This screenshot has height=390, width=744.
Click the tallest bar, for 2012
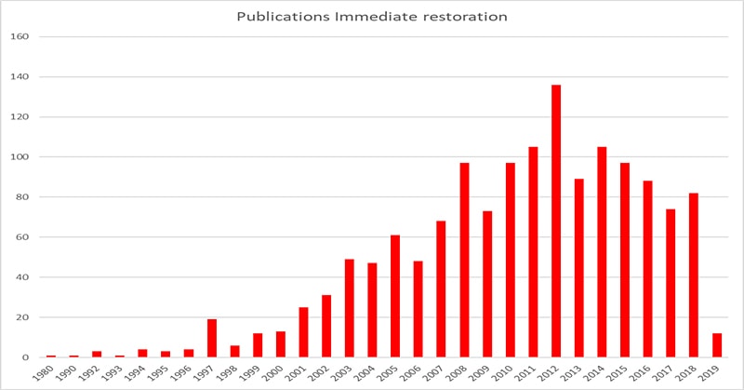tap(556, 221)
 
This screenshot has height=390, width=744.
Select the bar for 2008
tap(464, 260)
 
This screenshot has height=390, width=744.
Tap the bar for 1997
tap(212, 338)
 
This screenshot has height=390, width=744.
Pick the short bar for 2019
tap(717, 345)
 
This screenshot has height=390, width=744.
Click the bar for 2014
tap(602, 252)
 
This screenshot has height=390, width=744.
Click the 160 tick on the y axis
tap(20, 37)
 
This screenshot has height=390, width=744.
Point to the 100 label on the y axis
tap(20, 157)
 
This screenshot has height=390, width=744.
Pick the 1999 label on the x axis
tap(258, 375)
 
